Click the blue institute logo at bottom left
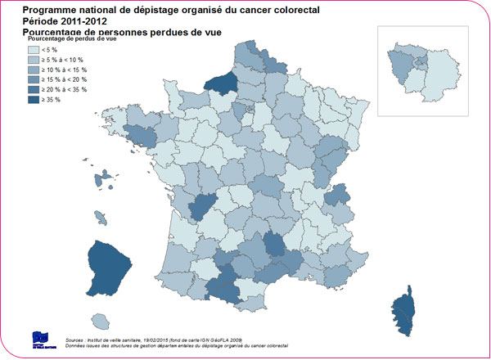pos(40,338)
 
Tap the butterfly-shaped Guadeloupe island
pos(105,178)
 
